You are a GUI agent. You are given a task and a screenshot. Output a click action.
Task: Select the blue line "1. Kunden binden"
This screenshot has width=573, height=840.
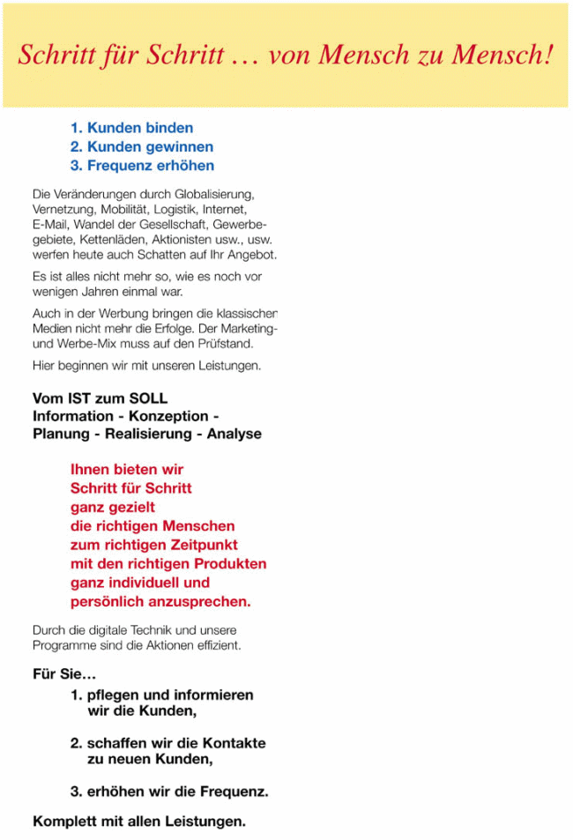[131, 129]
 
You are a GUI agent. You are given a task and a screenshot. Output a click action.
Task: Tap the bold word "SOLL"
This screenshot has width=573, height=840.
[146, 398]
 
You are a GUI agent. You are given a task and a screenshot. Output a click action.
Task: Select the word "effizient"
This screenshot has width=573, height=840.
[219, 645]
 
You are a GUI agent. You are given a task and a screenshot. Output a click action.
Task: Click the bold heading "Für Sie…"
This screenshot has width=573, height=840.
[64, 676]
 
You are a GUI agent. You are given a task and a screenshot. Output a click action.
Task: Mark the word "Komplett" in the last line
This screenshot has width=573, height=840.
[64, 821]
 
